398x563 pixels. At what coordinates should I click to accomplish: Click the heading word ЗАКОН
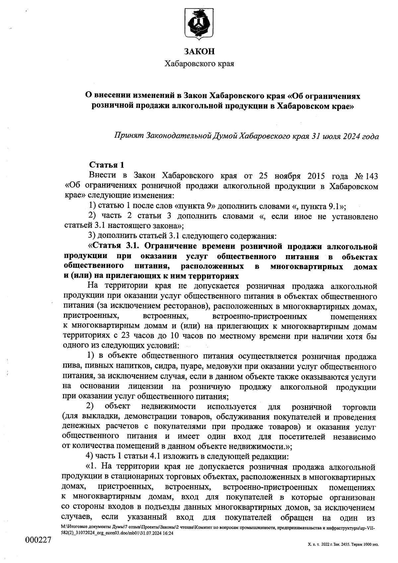(199, 52)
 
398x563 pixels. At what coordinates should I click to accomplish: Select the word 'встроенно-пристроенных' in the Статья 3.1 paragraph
(259, 315)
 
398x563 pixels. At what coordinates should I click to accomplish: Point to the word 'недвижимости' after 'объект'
(168, 406)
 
